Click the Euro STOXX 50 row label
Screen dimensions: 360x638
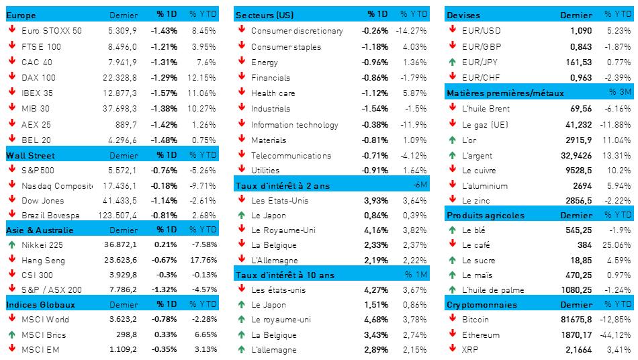(x=52, y=30)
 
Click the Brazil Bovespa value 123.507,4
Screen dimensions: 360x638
(x=118, y=215)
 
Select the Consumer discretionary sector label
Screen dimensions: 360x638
(x=297, y=31)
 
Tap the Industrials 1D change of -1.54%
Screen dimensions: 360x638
(x=374, y=108)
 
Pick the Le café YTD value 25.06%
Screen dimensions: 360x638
(x=617, y=245)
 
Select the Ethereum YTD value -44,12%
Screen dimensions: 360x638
(x=615, y=334)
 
